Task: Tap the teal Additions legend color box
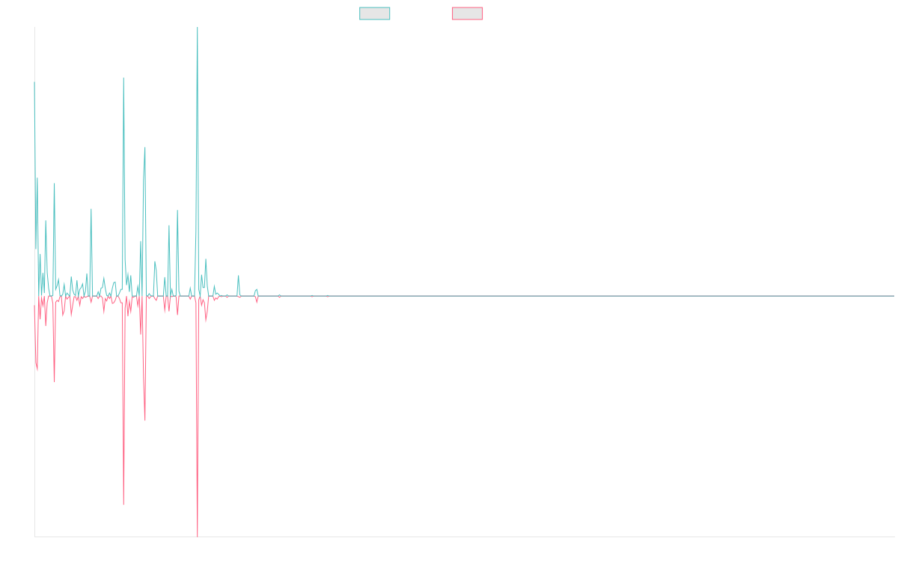375,13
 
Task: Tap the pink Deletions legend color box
468,13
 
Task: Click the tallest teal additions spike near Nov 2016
198,30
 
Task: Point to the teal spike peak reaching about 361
123,78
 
